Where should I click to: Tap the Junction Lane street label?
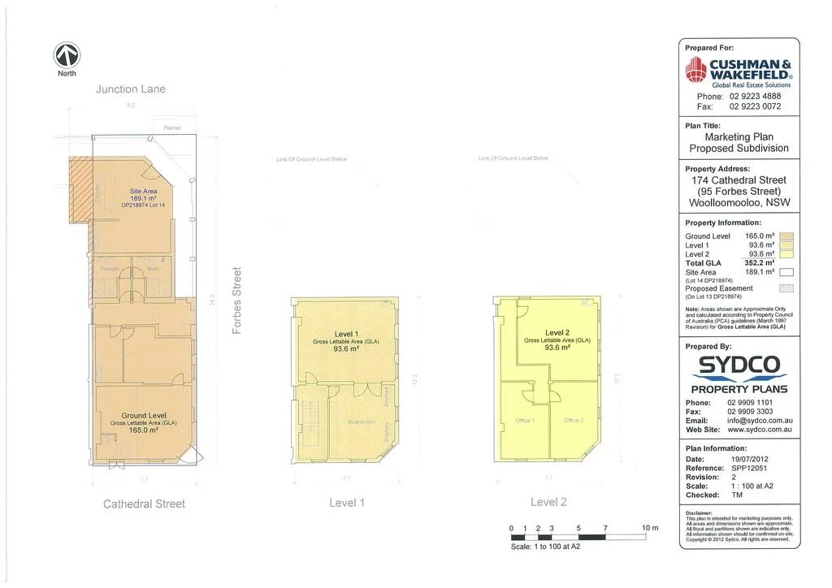pos(130,89)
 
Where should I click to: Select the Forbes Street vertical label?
pos(238,300)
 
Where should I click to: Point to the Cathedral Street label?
pos(144,504)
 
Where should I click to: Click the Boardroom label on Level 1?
pos(362,422)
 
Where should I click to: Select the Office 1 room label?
pos(525,421)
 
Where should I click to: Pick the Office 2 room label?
pos(574,421)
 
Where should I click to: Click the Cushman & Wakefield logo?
pos(739,71)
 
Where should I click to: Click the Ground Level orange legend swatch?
pos(786,236)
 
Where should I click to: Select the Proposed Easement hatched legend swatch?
pos(786,288)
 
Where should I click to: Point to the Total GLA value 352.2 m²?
pos(759,263)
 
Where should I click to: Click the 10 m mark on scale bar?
pos(649,529)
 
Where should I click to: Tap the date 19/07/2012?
pos(748,460)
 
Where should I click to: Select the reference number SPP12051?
pos(748,469)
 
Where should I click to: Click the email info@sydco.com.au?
pos(760,421)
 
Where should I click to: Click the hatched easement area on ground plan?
pos(80,190)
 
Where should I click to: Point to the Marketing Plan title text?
pos(739,137)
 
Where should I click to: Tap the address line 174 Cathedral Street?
pos(739,180)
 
